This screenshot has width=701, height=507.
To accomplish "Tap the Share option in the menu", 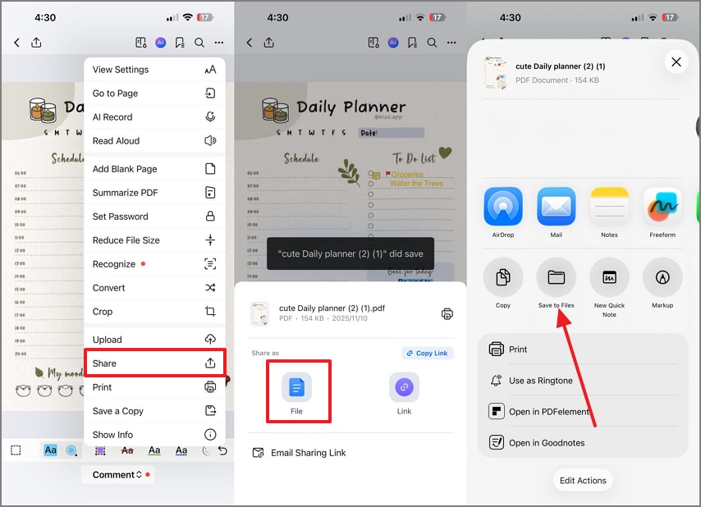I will pos(154,363).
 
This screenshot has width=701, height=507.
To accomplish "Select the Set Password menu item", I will pos(154,217).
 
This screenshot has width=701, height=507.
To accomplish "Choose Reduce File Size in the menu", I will pos(154,240).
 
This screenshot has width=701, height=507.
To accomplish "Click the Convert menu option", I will pos(154,288).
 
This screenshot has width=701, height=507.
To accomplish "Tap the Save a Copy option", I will pos(154,411).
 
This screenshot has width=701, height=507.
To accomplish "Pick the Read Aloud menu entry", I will pos(154,141).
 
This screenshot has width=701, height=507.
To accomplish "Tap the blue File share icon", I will pos(296,387).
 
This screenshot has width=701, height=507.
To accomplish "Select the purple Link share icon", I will pos(404,387).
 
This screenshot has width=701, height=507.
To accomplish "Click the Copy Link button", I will pos(428,353).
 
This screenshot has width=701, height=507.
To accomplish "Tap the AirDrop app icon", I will pos(503,207).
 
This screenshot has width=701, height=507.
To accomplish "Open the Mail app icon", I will pos(557,207).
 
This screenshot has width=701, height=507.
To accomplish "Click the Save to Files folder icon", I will pos(557,277).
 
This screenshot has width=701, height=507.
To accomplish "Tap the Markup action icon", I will pos(662,277).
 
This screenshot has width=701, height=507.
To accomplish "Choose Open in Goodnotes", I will pos(546,443).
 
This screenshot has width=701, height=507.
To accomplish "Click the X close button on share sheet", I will pos(676,62).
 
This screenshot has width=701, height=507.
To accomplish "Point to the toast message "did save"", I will pos(350,254).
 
